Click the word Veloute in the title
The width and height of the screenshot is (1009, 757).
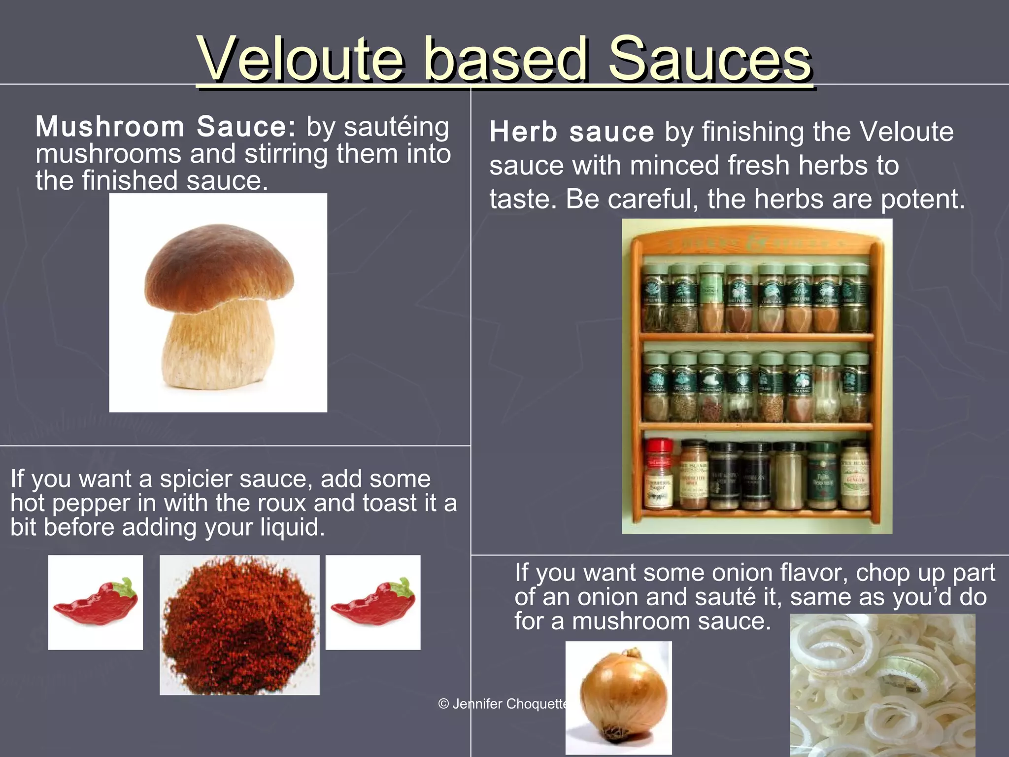301,60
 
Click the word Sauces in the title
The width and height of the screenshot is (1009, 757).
709,60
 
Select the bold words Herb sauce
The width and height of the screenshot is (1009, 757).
572,132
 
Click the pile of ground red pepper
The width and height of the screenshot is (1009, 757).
239,625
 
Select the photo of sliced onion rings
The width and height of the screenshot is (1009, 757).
882,685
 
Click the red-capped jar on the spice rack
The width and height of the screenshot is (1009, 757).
659,473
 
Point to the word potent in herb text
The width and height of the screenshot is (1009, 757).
922,200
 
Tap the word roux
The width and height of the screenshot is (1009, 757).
284,503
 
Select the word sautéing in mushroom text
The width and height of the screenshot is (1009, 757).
396,127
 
